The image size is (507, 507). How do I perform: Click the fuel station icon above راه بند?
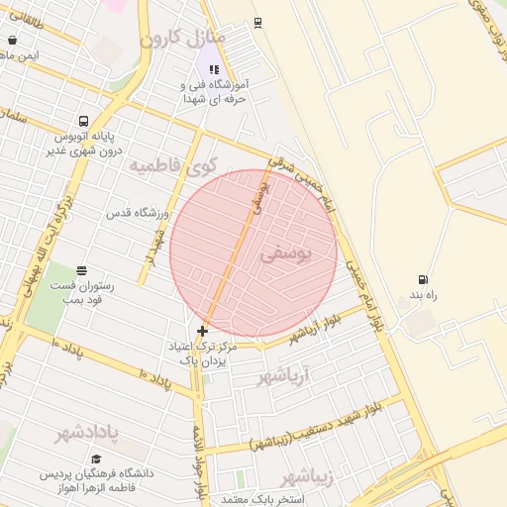425,279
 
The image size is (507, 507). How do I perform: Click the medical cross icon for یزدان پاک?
203,331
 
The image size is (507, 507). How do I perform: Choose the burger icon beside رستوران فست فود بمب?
81,270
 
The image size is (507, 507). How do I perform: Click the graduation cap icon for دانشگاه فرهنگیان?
97,458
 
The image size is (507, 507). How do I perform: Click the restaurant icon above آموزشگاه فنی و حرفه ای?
215,70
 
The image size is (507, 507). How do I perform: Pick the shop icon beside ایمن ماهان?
11,41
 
